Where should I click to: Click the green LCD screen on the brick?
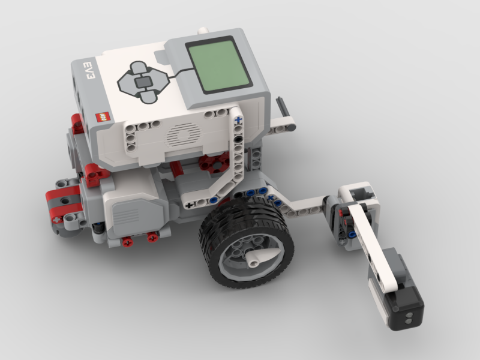click(219, 65)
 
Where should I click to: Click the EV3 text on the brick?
click(89, 71)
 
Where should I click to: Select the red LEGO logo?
click(103, 116)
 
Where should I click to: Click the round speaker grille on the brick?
click(184, 134)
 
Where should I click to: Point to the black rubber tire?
click(247, 242)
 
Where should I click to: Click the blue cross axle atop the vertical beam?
click(238, 121)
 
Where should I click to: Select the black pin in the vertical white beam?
click(238, 139)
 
